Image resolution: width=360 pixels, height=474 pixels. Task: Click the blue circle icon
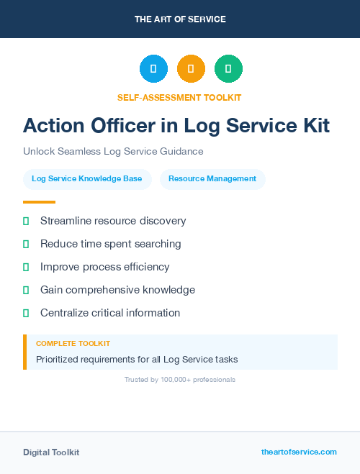[153, 68]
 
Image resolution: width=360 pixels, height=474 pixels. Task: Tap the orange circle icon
[191, 68]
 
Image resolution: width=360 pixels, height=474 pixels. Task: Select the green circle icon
[228, 68]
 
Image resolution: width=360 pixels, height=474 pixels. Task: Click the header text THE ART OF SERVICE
[180, 19]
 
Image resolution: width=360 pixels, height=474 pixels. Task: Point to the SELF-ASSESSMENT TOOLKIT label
[180, 97]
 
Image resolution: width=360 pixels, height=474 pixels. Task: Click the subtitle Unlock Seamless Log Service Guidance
[113, 152]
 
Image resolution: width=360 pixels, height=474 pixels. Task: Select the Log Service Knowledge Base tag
[87, 179]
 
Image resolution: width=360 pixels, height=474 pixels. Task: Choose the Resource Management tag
[212, 179]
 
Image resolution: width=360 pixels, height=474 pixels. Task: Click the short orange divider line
[39, 202]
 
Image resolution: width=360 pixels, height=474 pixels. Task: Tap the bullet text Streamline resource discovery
[113, 221]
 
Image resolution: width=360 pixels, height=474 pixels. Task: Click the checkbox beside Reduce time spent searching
[26, 244]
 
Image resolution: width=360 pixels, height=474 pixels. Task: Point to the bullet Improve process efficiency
[105, 267]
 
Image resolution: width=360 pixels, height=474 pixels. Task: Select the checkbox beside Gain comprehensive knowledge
[26, 290]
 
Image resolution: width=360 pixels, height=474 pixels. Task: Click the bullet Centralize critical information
[110, 313]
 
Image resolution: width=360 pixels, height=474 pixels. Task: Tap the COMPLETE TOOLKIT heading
[73, 344]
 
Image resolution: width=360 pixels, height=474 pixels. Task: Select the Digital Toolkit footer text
[51, 452]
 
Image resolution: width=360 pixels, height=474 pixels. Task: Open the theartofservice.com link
[299, 452]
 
